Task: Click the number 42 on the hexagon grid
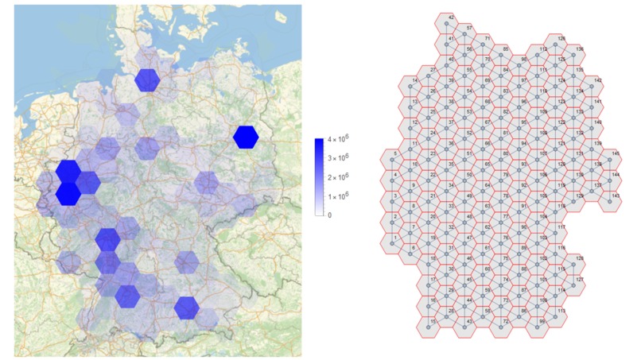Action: coord(452,17)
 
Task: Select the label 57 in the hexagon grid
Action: coord(469,28)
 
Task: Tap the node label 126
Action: coord(561,38)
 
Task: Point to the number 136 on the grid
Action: coord(581,49)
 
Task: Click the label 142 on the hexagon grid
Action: coord(598,80)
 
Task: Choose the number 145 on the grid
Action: coord(616,153)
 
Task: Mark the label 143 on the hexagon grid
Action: coord(616,195)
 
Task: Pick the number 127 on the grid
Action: coord(581,280)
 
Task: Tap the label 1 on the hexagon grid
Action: coord(396,237)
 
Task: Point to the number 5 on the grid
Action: coord(396,153)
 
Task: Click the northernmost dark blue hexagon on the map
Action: coord(147,80)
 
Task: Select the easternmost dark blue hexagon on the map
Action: coord(246,137)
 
